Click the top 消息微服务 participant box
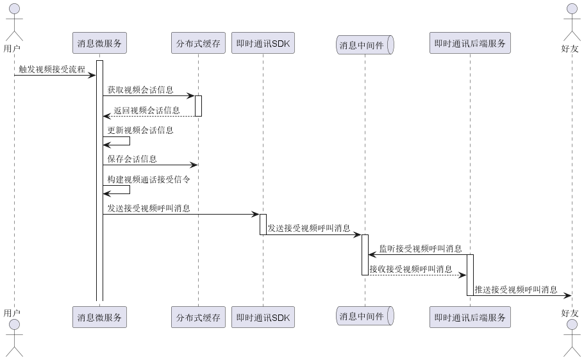(x=99, y=44)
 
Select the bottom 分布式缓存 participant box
(x=198, y=317)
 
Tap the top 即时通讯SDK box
(x=263, y=44)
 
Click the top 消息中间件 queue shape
(x=365, y=45)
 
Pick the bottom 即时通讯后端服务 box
(x=470, y=317)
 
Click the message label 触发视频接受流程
(x=52, y=69)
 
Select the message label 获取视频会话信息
(x=140, y=90)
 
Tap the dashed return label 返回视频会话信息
(x=147, y=110)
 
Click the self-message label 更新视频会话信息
(x=140, y=130)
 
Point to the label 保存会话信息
(x=132, y=158)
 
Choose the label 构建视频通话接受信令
(x=149, y=179)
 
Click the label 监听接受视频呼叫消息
(x=421, y=249)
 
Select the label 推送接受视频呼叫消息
(x=516, y=290)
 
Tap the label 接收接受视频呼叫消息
(x=411, y=269)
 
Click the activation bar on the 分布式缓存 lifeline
(x=198, y=106)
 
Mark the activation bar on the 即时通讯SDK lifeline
(x=263, y=224)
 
